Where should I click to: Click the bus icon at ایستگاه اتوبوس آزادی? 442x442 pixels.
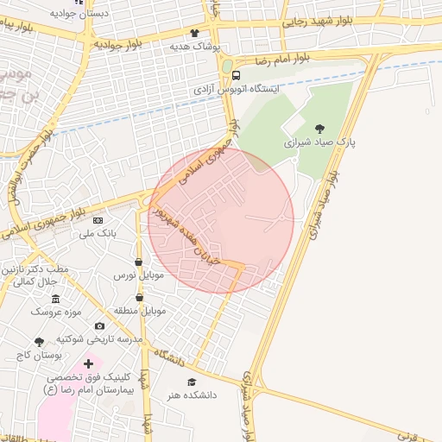pyautogui.click(x=237, y=75)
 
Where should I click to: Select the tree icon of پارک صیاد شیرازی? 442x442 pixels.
pyautogui.click(x=320, y=128)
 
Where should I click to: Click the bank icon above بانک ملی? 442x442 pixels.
pyautogui.click(x=97, y=220)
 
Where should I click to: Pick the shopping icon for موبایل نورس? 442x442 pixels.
pyautogui.click(x=138, y=262)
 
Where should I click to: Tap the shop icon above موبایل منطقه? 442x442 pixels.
pyautogui.click(x=139, y=297)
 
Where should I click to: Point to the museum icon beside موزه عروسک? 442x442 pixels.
pyautogui.click(x=55, y=299)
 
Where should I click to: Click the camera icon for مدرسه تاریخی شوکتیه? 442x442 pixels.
pyautogui.click(x=99, y=326)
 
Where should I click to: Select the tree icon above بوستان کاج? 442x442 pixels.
pyautogui.click(x=39, y=343)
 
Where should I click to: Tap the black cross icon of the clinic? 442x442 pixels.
pyautogui.click(x=88, y=364)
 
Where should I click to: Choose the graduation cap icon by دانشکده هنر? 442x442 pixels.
pyautogui.click(x=192, y=382)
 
